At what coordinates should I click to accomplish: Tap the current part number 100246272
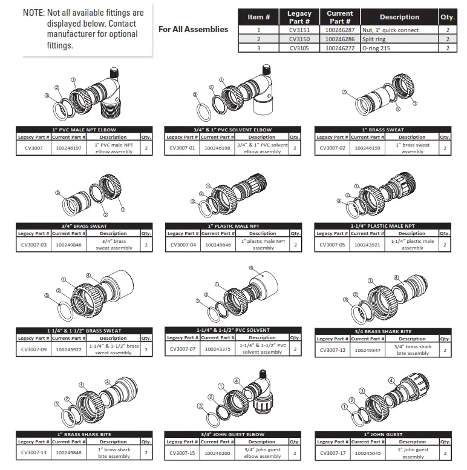tap(339, 48)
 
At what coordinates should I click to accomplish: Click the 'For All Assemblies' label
tap(193, 29)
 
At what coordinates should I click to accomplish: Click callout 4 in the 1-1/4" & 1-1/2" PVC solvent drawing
tap(251, 267)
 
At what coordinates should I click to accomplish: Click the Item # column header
tap(259, 17)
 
